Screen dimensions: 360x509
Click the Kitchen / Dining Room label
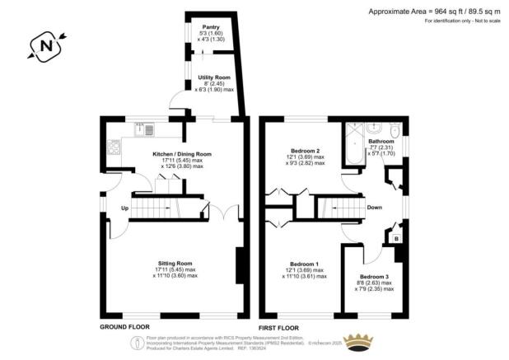182,154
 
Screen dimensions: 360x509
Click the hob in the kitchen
112,149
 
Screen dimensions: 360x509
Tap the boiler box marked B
396,239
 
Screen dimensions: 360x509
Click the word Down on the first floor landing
374,208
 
